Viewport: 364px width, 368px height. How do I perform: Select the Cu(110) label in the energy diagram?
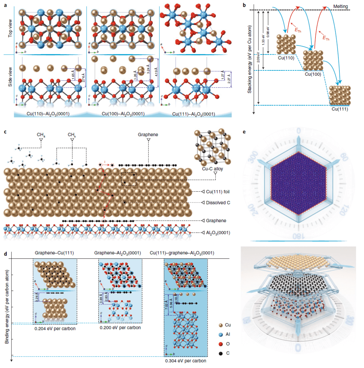tap(286, 58)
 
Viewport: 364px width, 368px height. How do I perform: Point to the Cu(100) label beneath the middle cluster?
tap(313, 73)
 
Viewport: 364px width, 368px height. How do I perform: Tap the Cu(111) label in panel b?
tap(340, 109)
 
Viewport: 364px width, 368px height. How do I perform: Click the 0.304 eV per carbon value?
tap(185, 360)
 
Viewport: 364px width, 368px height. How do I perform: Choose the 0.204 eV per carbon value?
tap(55, 329)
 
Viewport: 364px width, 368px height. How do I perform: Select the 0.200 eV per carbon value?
tap(120, 328)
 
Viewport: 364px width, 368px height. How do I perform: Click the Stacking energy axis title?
tap(250, 59)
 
